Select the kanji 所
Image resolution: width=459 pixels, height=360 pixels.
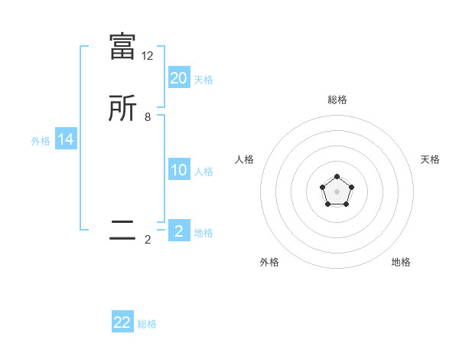(x=122, y=109)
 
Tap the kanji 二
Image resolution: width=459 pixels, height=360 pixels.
(x=122, y=231)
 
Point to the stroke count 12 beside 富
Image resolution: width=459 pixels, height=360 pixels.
(x=148, y=56)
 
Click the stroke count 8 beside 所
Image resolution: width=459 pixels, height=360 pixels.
(x=148, y=118)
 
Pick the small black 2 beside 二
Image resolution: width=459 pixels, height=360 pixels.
(x=148, y=240)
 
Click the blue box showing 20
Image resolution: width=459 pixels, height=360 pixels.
(x=179, y=77)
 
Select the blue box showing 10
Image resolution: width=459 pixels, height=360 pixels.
(x=179, y=170)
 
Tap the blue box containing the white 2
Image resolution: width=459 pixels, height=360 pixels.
(x=179, y=231)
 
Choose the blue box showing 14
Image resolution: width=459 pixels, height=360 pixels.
(x=66, y=139)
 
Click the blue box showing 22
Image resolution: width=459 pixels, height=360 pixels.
(x=122, y=322)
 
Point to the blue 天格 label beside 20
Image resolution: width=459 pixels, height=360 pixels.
(x=203, y=79)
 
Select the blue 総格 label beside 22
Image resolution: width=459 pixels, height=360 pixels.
(x=147, y=324)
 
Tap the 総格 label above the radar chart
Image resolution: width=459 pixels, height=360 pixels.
(x=337, y=100)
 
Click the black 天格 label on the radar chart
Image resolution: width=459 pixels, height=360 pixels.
(x=430, y=159)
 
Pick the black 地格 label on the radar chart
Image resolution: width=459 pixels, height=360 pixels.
(x=401, y=262)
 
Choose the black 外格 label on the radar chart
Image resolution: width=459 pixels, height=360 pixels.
(x=269, y=262)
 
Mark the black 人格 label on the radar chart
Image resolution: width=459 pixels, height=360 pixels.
(x=245, y=159)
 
